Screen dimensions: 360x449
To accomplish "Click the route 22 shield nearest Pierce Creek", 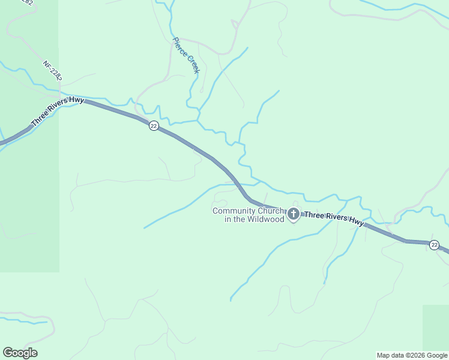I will (x=154, y=126).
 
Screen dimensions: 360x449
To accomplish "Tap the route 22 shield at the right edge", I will (x=434, y=245).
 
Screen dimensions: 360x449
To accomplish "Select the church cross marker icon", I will (x=294, y=214).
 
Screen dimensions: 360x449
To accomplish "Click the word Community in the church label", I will (x=234, y=211).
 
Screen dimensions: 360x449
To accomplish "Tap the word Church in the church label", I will (x=270, y=211).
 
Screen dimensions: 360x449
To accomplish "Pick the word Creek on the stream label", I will (x=192, y=64).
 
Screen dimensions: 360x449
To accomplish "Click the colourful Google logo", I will (x=20, y=353).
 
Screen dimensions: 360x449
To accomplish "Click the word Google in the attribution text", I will (x=438, y=355).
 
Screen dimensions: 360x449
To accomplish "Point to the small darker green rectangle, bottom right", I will (x=436, y=326).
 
